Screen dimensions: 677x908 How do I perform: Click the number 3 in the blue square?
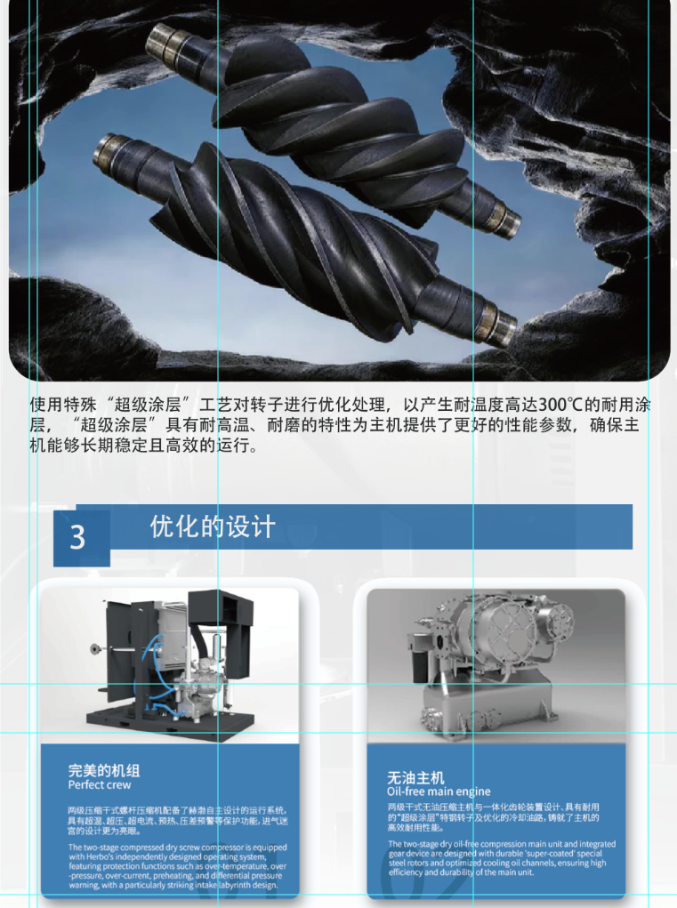77,537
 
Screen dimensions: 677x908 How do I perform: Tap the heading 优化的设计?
213,527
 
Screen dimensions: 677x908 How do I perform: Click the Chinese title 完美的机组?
104,771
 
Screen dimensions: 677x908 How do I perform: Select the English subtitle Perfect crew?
100,785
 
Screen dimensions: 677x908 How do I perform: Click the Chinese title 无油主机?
415,777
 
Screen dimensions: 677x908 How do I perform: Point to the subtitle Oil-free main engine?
439,791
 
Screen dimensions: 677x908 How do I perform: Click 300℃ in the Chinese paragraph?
560,405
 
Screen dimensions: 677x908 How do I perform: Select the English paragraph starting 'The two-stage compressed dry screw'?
178,866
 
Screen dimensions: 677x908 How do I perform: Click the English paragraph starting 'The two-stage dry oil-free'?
502,858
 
